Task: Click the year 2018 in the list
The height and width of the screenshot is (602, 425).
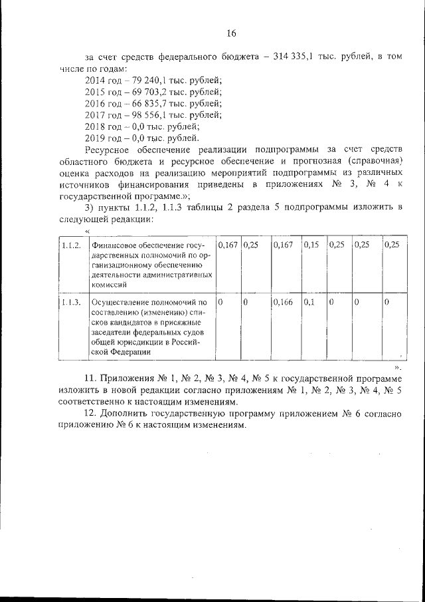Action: pyautogui.click(x=96, y=126)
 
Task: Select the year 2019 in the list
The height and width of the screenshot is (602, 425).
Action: pyautogui.click(x=96, y=138)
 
